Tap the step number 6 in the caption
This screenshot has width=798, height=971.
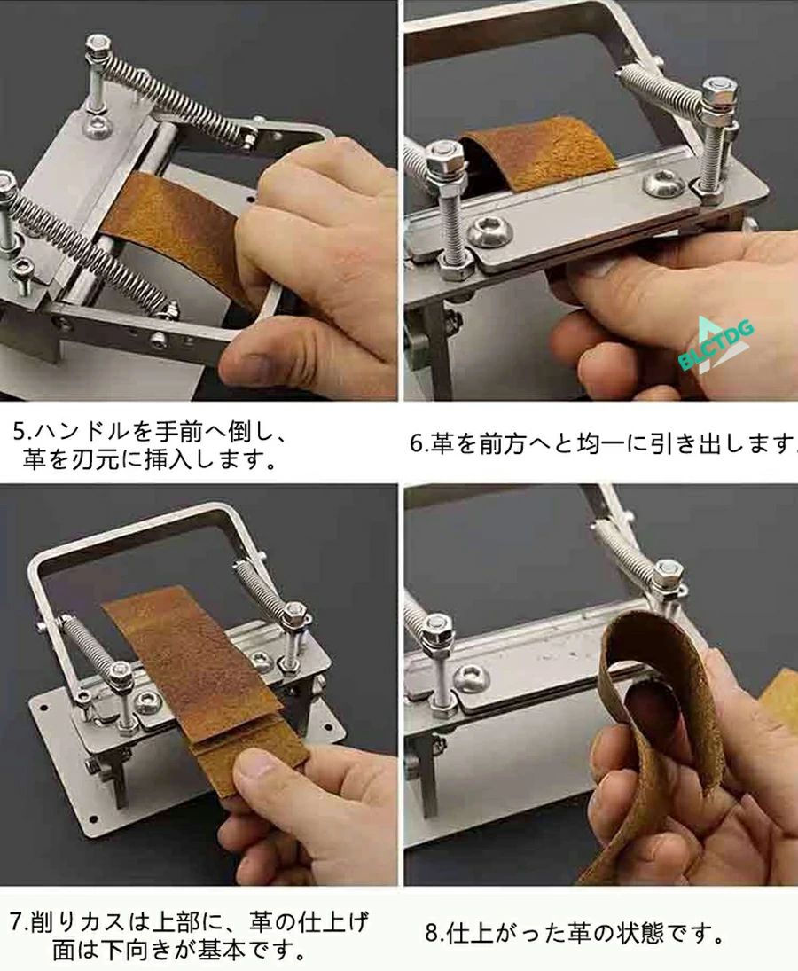[416, 444]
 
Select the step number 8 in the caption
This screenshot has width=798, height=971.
[432, 933]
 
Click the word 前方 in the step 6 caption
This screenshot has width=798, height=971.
[502, 443]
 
